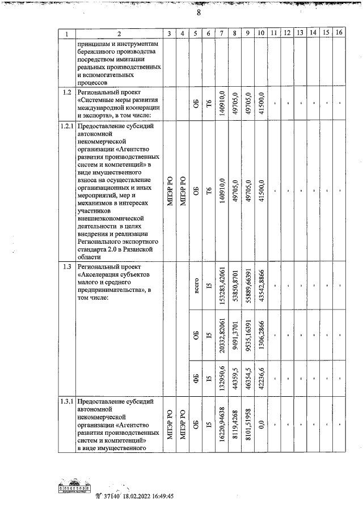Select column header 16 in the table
[339, 33]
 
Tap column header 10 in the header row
[260, 33]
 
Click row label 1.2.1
[67, 126]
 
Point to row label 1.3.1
[67, 402]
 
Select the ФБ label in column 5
[196, 376]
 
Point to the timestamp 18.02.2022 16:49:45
[147, 495]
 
